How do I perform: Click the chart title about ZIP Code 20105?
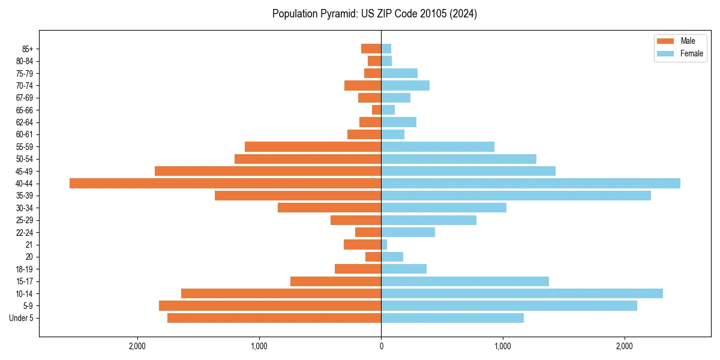pyautogui.click(x=374, y=14)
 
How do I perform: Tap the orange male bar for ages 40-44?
pyautogui.click(x=225, y=184)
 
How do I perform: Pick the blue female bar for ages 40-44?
pyautogui.click(x=530, y=184)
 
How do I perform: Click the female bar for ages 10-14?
pyautogui.click(x=522, y=293)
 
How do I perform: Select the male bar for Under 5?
pyautogui.click(x=274, y=318)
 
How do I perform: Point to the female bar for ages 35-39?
pyautogui.click(x=516, y=196)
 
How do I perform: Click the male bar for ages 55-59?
pyautogui.click(x=313, y=147)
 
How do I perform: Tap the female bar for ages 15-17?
pyautogui.click(x=465, y=281)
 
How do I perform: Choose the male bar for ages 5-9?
pyautogui.click(x=270, y=306)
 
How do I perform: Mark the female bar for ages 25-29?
pyautogui.click(x=428, y=220)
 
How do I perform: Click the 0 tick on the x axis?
pyautogui.click(x=381, y=346)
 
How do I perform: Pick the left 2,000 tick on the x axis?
pyautogui.click(x=137, y=346)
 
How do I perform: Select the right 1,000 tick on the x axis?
pyautogui.click(x=503, y=346)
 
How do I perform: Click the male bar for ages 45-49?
pyautogui.click(x=268, y=171)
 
